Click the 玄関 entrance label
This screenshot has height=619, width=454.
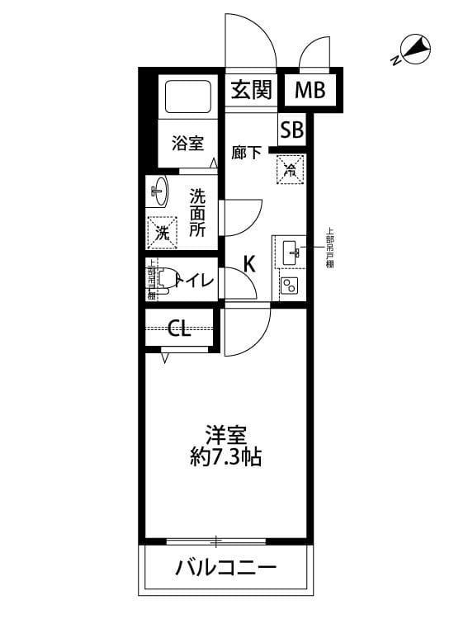251,91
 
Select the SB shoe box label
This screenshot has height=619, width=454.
291,130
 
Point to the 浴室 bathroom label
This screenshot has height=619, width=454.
187,143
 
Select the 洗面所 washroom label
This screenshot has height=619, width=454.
198,213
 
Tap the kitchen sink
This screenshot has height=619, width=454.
289,252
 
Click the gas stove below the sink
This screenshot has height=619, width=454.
289,286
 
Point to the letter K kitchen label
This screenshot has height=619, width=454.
248,264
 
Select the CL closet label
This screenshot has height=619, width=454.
180,329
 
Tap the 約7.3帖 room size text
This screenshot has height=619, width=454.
222,456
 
